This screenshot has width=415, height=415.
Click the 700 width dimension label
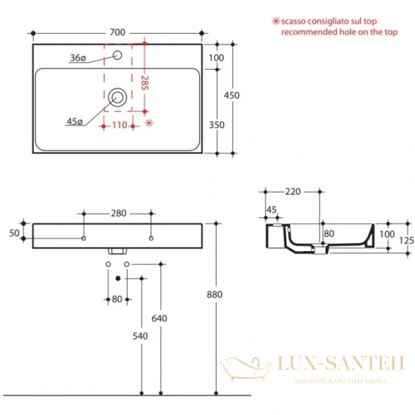pyautogui.click(x=117, y=32)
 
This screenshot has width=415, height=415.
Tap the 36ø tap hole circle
pyautogui.click(x=117, y=55)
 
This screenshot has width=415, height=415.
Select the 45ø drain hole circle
pyautogui.click(x=117, y=98)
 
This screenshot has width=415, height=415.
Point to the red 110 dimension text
pyautogui.click(x=119, y=125)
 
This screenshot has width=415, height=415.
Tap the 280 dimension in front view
pyautogui.click(x=118, y=213)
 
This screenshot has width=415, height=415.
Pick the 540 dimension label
pyautogui.click(x=142, y=337)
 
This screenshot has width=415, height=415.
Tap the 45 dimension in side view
pyautogui.click(x=271, y=210)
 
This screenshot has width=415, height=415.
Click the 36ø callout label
pyautogui.click(x=77, y=59)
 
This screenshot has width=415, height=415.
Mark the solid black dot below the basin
pyautogui.click(x=118, y=278)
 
